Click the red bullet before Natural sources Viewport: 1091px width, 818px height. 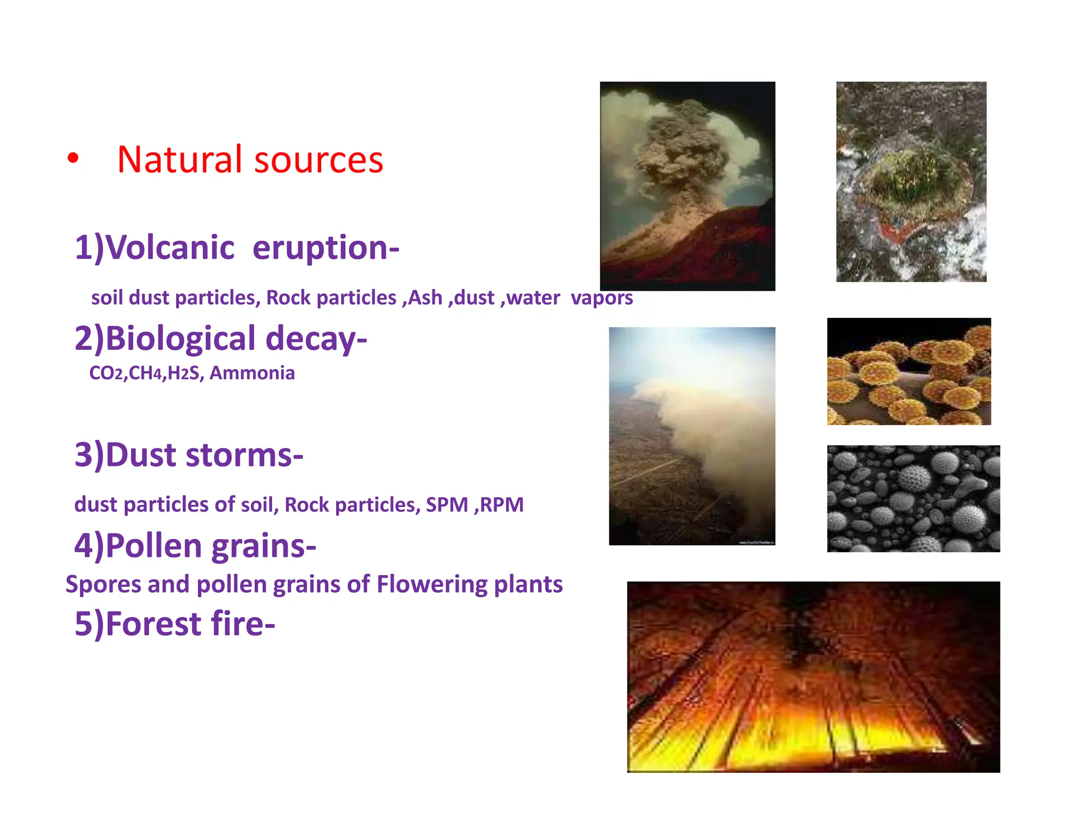click(x=73, y=158)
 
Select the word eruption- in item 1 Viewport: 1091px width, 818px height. click(x=325, y=249)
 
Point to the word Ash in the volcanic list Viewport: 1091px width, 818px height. click(x=425, y=298)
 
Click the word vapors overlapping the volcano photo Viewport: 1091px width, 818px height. click(x=601, y=298)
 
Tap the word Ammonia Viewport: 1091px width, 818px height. click(x=252, y=373)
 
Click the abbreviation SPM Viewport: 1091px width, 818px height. click(x=446, y=505)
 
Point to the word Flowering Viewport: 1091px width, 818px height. click(x=431, y=584)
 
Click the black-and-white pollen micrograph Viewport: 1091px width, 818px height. click(x=913, y=498)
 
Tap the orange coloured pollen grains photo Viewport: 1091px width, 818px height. click(x=909, y=371)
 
